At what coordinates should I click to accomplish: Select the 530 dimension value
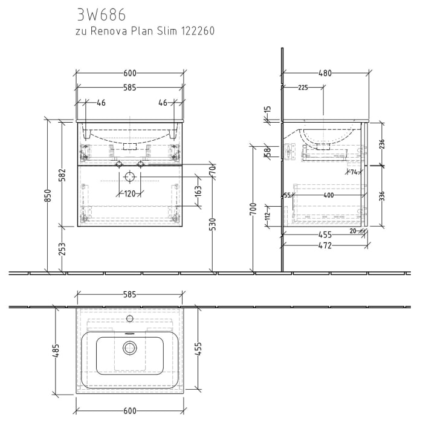(213, 224)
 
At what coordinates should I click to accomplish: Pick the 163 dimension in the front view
(199, 193)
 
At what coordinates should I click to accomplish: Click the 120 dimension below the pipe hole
(129, 194)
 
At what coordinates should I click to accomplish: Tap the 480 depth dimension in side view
(325, 73)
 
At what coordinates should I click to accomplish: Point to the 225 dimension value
(303, 88)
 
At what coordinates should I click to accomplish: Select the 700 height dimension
(254, 210)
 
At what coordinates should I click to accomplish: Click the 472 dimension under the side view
(325, 245)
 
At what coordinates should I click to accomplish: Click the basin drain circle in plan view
(129, 347)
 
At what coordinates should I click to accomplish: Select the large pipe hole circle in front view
(129, 177)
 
